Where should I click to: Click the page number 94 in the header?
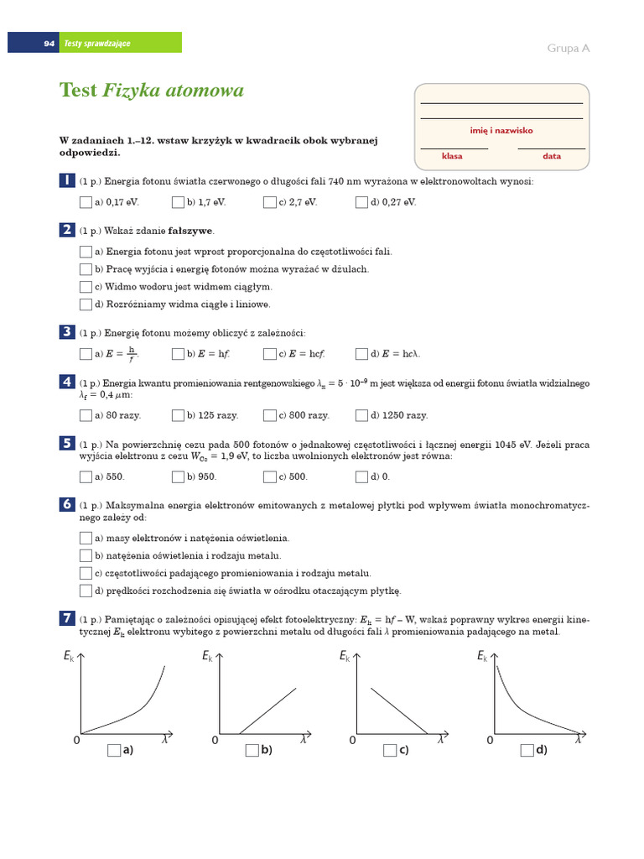[49, 43]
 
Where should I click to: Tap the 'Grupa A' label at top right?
[569, 48]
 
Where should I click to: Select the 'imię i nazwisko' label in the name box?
[501, 131]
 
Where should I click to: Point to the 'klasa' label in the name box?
[453, 156]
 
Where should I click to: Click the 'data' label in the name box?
[552, 156]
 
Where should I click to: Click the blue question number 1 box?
[66, 180]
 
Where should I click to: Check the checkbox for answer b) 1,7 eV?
[178, 202]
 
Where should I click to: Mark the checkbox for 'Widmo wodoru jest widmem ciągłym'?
[86, 287]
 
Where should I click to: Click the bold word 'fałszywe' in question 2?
[190, 231]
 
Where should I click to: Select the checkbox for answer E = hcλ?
[362, 354]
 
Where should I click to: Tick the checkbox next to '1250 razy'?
[362, 415]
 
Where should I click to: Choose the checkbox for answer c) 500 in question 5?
[270, 476]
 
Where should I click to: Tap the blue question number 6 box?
[66, 504]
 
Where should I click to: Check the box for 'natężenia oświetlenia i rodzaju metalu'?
[86, 555]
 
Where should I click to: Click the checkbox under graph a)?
[114, 751]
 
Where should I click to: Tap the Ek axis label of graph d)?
[482, 656]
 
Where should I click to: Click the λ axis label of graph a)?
[165, 741]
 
